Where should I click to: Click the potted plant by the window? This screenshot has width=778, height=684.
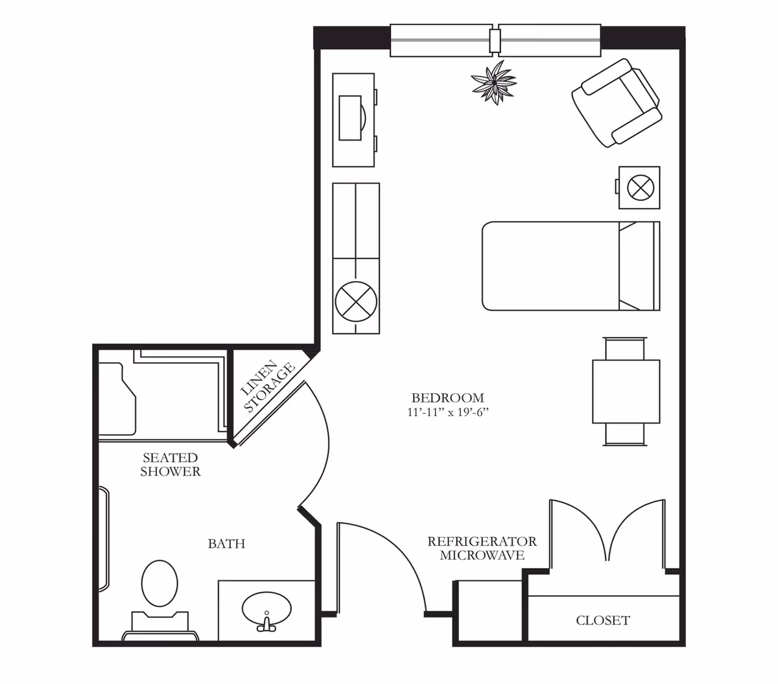pyautogui.click(x=494, y=82)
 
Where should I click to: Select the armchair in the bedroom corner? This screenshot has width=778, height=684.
pyautogui.click(x=617, y=103)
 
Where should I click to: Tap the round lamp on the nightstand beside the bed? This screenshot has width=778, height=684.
pyautogui.click(x=641, y=188)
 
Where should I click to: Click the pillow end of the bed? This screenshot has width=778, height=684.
pyautogui.click(x=638, y=266)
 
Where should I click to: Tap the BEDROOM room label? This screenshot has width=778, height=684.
pyautogui.click(x=447, y=398)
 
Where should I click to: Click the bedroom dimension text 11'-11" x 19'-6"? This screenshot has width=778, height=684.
pyautogui.click(x=447, y=412)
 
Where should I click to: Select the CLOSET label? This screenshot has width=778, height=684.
pyautogui.click(x=602, y=621)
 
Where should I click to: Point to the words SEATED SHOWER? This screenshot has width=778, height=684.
pyautogui.click(x=171, y=464)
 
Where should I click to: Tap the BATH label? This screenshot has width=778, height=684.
pyautogui.click(x=226, y=543)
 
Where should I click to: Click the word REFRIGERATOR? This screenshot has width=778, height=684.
pyautogui.click(x=482, y=541)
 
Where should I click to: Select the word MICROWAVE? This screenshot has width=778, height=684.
pyautogui.click(x=482, y=555)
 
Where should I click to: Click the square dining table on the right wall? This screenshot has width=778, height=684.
pyautogui.click(x=626, y=391)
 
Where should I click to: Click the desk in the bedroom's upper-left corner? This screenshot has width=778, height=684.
pyautogui.click(x=353, y=119)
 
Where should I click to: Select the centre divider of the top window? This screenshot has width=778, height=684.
pyautogui.click(x=495, y=40)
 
